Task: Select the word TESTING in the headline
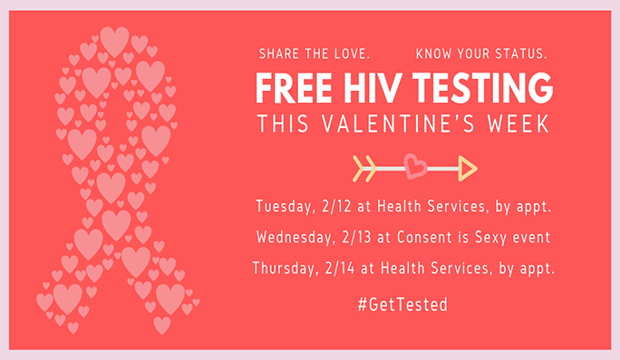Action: [481, 89]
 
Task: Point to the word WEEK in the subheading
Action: [517, 124]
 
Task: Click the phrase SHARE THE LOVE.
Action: [314, 52]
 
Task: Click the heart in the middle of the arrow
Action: [414, 163]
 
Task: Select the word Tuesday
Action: [285, 206]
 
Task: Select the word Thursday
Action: [288, 267]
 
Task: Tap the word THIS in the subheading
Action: [285, 124]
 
